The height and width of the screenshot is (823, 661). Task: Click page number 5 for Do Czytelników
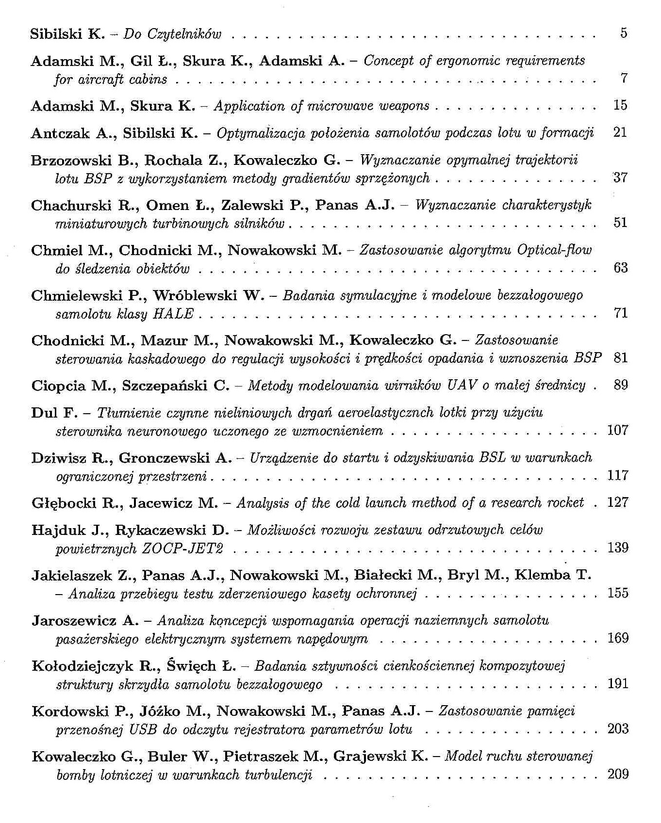coord(624,33)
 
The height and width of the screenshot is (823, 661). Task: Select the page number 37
coord(620,178)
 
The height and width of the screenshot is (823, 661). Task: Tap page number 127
coord(618,502)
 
